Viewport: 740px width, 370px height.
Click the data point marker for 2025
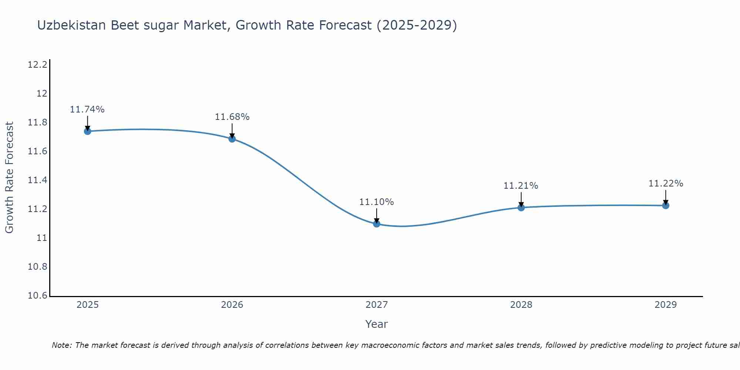tap(88, 131)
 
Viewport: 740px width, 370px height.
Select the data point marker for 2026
tap(232, 139)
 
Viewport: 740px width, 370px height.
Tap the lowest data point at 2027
tap(377, 223)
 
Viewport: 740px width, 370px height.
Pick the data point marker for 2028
tap(521, 208)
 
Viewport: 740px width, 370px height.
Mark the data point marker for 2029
tap(666, 205)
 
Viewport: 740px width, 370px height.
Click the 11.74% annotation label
tap(87, 110)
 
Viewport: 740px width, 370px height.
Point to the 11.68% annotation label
tap(232, 117)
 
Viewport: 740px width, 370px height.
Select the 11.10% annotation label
tap(377, 202)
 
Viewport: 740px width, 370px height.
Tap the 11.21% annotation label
tap(521, 186)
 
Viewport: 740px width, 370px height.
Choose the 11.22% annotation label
tap(666, 184)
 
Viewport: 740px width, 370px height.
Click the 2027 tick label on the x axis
tap(377, 305)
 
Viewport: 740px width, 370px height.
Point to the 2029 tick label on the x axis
tap(666, 305)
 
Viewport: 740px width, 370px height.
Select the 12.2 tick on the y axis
tap(37, 65)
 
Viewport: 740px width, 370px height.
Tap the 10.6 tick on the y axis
tap(37, 296)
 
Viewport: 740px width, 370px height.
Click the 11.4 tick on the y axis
tap(37, 180)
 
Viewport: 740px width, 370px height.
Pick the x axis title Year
tap(377, 324)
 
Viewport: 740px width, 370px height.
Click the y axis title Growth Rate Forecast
tap(9, 178)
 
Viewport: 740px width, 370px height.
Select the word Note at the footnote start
tap(61, 345)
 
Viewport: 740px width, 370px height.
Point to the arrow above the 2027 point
tap(377, 215)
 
